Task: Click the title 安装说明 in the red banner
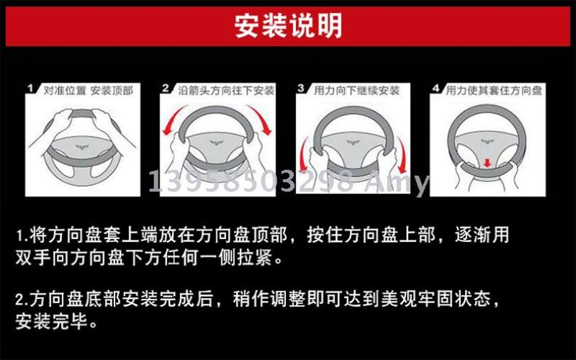click(x=289, y=26)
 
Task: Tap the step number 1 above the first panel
click(x=30, y=88)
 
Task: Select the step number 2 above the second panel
click(x=166, y=88)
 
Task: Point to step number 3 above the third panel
click(x=301, y=88)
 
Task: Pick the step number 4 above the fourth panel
click(x=436, y=88)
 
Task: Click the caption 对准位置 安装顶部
click(x=88, y=91)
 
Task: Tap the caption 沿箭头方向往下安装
click(x=226, y=91)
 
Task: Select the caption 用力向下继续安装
click(x=356, y=91)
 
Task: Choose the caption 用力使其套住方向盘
click(x=494, y=91)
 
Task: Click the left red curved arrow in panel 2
click(x=172, y=117)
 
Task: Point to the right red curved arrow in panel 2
click(x=261, y=117)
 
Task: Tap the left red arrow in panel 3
click(x=303, y=154)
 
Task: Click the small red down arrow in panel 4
click(x=487, y=163)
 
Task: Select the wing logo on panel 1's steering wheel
click(x=82, y=147)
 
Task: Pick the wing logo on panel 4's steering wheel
click(x=487, y=142)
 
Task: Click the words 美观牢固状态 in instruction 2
click(x=436, y=299)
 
